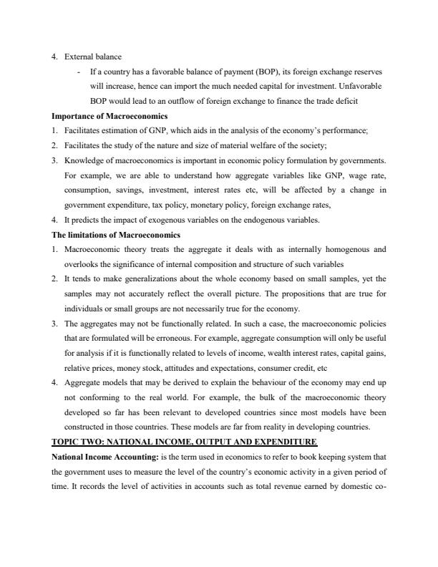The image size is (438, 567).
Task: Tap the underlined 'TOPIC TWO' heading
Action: pyautogui.click(x=184, y=441)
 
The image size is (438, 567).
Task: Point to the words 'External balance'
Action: pyautogui.click(x=93, y=57)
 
